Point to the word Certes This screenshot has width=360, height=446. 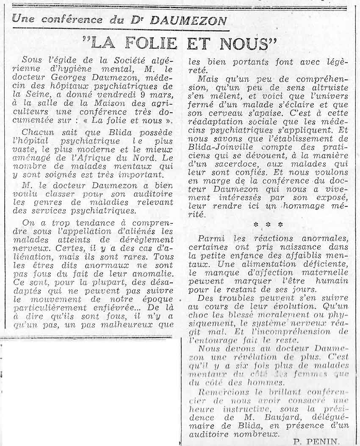(69, 248)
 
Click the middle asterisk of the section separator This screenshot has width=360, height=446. (268, 224)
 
